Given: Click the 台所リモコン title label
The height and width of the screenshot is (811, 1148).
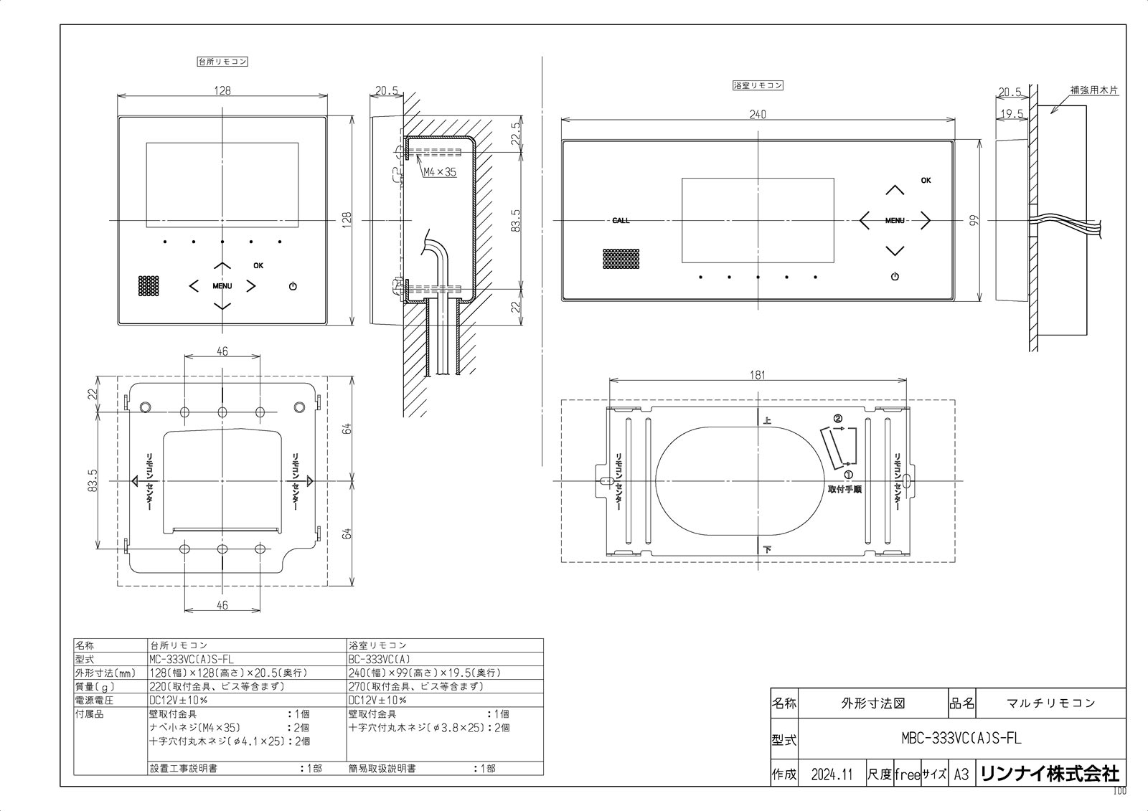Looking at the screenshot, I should (222, 62).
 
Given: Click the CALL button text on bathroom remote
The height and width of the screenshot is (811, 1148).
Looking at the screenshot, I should (621, 220).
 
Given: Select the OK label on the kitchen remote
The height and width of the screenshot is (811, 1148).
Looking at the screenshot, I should (258, 265).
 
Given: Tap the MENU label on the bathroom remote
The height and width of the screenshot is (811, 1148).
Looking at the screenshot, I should (895, 221).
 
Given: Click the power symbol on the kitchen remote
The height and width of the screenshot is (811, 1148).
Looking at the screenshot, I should (292, 287).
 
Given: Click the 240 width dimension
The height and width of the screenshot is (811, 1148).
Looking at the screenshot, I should (758, 114).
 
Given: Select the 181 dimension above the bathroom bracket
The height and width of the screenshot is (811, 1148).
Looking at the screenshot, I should (758, 374).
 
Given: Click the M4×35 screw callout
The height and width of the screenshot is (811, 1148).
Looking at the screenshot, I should (439, 172).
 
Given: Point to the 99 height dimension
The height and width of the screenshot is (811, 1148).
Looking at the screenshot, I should (974, 221).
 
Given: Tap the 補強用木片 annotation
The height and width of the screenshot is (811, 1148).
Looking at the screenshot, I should (1093, 92).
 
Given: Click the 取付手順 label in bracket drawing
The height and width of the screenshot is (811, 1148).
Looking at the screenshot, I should (844, 489).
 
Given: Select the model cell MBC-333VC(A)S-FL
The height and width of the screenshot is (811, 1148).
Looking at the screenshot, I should (960, 738).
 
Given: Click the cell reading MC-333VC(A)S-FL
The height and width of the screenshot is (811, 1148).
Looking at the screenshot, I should (191, 659).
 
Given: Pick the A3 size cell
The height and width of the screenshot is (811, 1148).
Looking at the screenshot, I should (961, 774).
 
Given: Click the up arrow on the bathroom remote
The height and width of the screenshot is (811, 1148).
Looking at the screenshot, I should (894, 190).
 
